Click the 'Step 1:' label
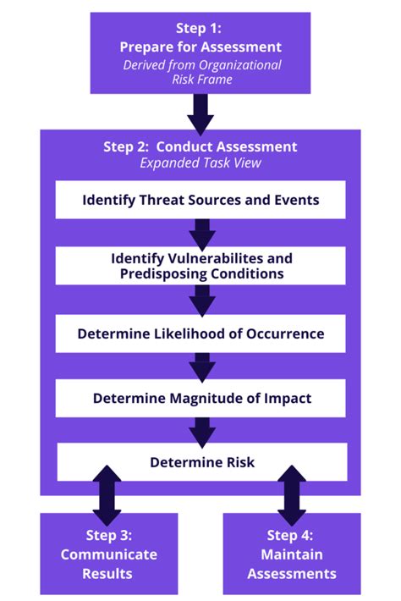[199, 28]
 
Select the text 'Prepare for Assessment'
[200, 47]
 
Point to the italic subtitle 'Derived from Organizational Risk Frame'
[202, 72]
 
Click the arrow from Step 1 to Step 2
[200, 114]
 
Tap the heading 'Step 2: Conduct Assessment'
[200, 146]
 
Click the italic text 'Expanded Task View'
[200, 163]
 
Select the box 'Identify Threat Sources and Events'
[200, 200]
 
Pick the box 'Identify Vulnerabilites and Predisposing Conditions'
[200, 266]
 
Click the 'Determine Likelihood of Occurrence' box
[200, 334]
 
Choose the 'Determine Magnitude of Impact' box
[200, 398]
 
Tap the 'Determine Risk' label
[202, 462]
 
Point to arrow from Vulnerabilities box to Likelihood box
[202, 300]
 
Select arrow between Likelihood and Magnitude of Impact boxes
[202, 367]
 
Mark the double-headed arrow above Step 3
[107, 495]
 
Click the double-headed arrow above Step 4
[292, 495]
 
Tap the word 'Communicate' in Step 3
[109, 554]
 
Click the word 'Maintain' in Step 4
[292, 554]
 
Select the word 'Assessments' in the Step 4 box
[292, 574]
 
